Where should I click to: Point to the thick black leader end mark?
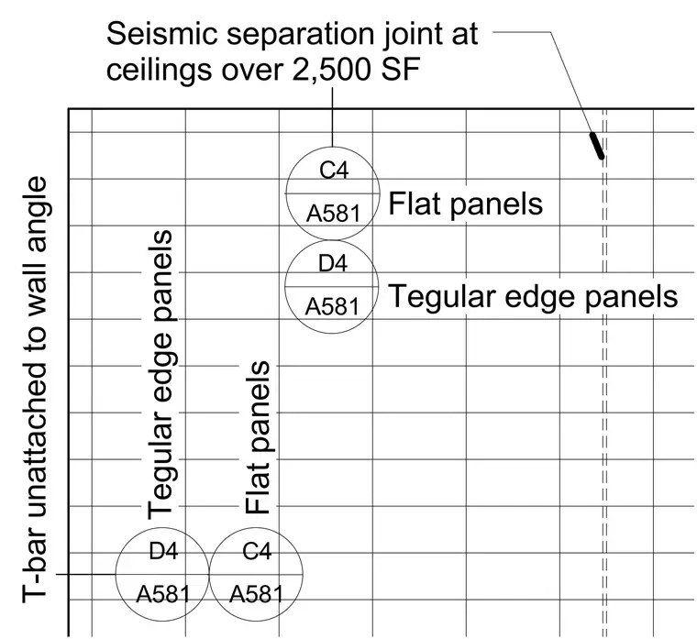pos(596,145)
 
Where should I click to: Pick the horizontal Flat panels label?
pos(465,204)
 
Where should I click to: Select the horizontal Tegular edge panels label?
pos(533,297)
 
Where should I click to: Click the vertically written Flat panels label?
pos(259,437)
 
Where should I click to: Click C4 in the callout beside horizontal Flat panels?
pos(334,171)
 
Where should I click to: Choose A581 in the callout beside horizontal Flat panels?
pos(334,214)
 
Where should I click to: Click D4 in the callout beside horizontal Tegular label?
pos(333,263)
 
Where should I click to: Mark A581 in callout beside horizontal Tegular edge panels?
pos(332,307)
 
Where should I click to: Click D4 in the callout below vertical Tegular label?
pos(163,552)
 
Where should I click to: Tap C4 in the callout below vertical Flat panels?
pos(257,552)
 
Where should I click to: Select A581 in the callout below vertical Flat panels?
pos(257,594)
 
